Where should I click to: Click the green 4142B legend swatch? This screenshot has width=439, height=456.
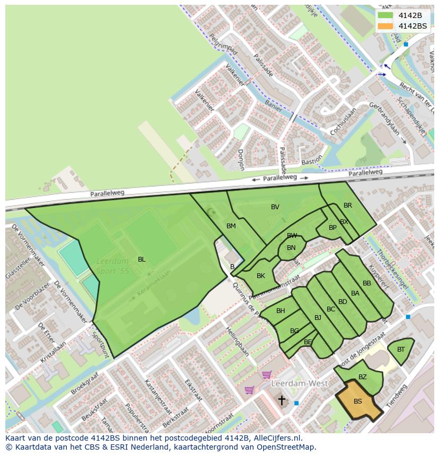point(385,15)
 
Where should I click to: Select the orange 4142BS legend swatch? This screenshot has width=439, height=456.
point(385,26)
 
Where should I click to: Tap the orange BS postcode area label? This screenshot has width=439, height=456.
point(358,401)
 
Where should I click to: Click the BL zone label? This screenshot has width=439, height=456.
point(142,260)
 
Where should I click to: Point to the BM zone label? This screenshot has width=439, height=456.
point(231,226)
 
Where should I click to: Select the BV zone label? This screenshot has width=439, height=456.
point(275,207)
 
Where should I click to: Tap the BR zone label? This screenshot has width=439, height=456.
point(348,205)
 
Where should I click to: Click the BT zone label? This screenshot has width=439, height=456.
point(401,350)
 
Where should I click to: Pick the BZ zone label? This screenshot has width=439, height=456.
point(363,377)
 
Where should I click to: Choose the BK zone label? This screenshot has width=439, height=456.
point(260,276)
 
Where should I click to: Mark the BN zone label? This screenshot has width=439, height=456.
point(291,248)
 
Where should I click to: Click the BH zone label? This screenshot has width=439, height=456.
point(280,311)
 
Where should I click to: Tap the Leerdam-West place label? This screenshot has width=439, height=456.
point(299,383)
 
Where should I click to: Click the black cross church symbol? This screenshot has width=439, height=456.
point(282,399)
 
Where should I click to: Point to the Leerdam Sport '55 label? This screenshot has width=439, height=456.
point(113,265)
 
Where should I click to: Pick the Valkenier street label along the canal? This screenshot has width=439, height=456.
point(234,75)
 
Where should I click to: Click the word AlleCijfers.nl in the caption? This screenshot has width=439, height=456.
point(278,438)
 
